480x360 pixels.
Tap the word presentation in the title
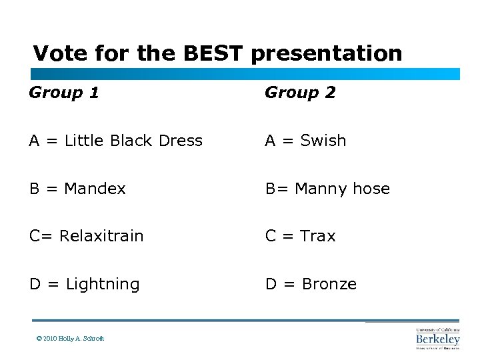[327, 53]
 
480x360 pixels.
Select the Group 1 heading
[64, 93]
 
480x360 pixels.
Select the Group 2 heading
[300, 93]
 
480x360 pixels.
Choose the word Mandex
[95, 189]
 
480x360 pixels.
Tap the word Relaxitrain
[101, 236]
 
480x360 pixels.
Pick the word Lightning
[103, 285]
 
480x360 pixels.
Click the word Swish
[323, 141]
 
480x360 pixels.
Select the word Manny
[317, 189]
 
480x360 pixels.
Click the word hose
[371, 189]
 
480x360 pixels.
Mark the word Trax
[318, 236]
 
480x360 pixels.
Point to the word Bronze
[329, 285]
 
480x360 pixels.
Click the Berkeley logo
[437, 338]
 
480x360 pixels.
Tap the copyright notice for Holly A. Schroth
[70, 339]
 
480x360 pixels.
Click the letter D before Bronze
[271, 285]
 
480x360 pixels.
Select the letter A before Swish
[271, 141]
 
